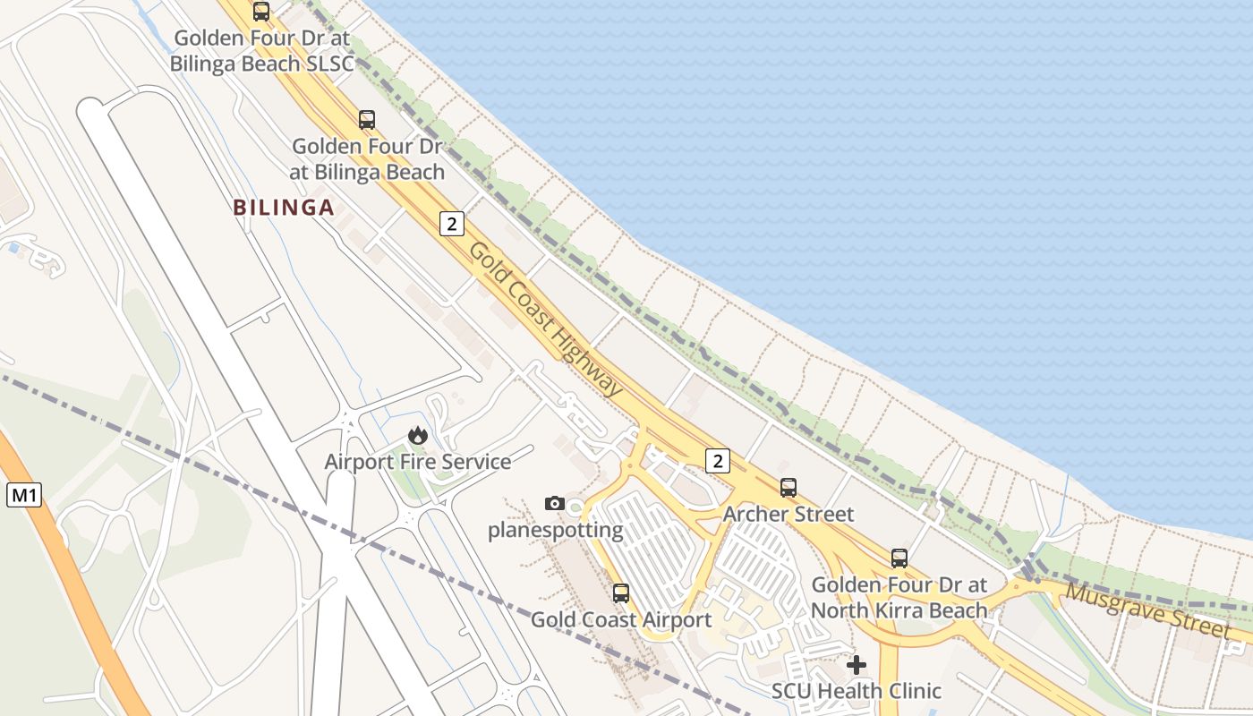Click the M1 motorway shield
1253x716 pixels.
pos(24,495)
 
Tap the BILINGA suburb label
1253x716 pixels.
pos(284,208)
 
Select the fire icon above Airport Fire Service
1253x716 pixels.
pos(417,436)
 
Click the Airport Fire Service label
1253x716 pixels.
pos(417,462)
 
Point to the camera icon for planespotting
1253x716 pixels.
pos(555,503)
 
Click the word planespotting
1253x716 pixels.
pos(555,530)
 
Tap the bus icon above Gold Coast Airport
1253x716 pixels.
pos(620,592)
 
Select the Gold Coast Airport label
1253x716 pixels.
pos(621,619)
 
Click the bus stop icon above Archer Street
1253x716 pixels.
pos(788,488)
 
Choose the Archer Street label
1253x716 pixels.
pos(788,515)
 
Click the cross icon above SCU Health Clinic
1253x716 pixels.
pos(857,664)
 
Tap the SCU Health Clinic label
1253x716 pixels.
pos(857,691)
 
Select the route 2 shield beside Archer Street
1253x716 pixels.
pos(717,461)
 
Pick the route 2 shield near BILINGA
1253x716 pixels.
pos(452,224)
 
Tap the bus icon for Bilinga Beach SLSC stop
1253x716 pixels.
pos(261,12)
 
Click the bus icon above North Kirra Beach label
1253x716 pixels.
pos(899,558)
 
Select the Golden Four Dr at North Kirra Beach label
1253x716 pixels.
pos(899,598)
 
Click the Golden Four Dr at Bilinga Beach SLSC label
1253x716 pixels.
pos(263,51)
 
